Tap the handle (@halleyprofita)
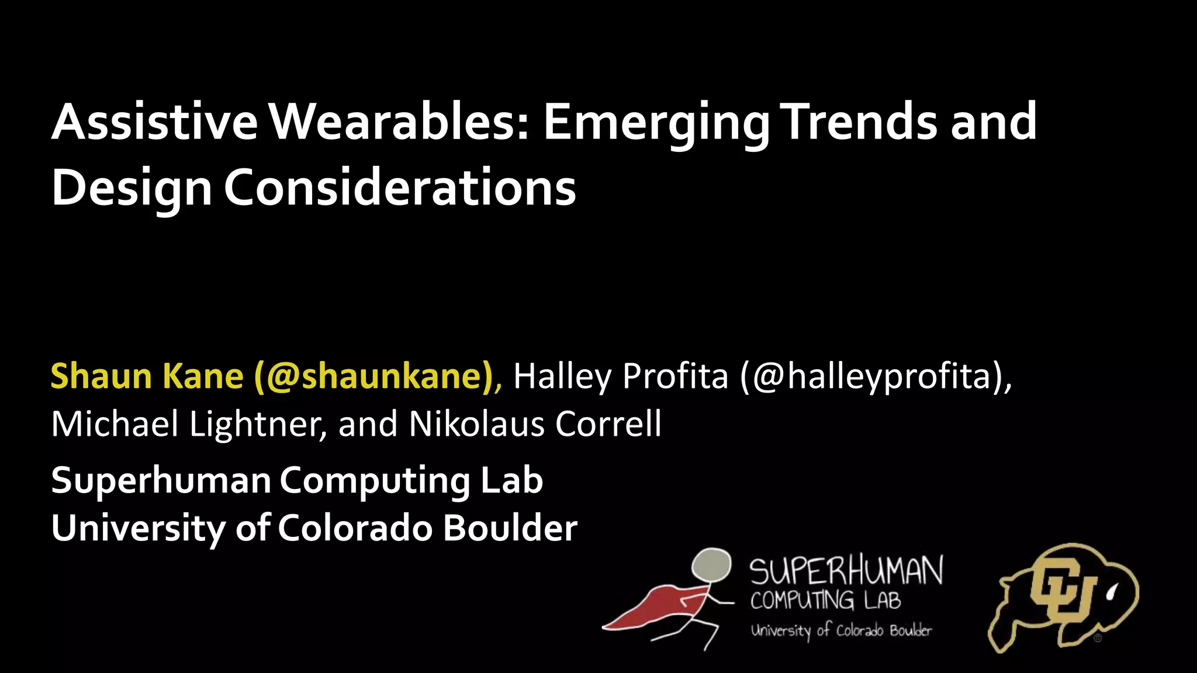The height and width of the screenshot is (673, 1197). pyautogui.click(x=876, y=377)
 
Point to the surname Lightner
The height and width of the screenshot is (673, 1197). pyautogui.click(x=258, y=424)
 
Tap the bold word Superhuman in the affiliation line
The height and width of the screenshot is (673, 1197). pyautogui.click(x=161, y=481)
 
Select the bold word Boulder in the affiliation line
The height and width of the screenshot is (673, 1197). pyautogui.click(x=510, y=528)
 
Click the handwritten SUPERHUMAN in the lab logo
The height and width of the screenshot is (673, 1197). pyautogui.click(x=846, y=571)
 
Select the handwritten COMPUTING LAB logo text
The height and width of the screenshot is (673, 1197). pyautogui.click(x=825, y=600)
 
